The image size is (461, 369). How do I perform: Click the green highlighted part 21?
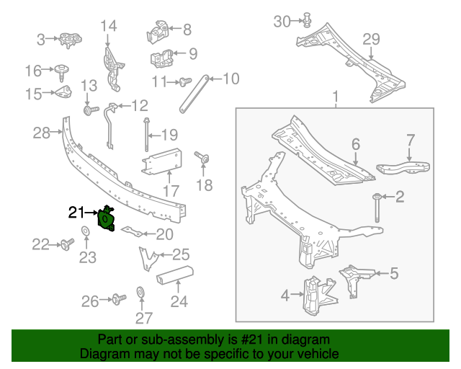pos(107,219)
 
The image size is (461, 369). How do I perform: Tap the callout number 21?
pos(76,212)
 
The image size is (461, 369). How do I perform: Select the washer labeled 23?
pos(85,231)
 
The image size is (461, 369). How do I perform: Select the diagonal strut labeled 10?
pos(193,93)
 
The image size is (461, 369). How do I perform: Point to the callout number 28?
pos(42,132)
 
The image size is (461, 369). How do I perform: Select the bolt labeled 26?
pos(116,298)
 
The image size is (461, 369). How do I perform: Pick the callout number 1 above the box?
pos(335,97)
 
